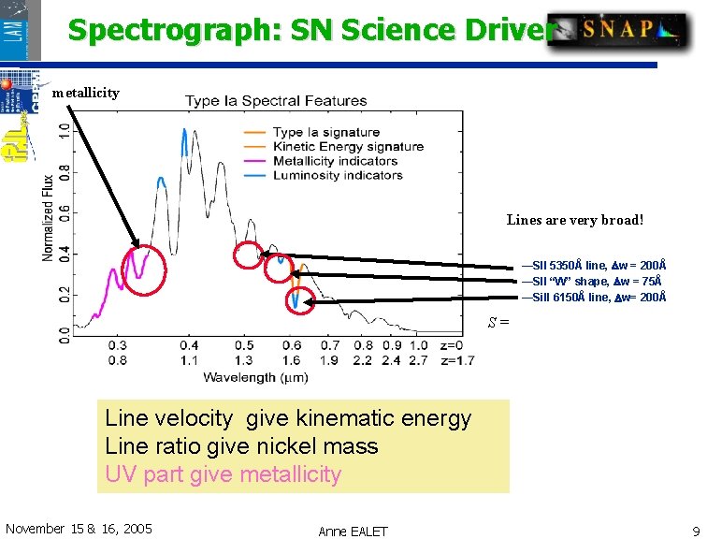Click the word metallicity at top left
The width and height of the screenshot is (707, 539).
click(85, 93)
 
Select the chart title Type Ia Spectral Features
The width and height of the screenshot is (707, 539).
click(276, 100)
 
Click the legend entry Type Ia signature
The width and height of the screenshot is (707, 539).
click(326, 133)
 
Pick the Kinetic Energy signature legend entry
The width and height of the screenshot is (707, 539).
click(348, 147)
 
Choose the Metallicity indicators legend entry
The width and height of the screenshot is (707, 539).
click(335, 161)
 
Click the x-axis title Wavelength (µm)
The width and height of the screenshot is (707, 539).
click(252, 377)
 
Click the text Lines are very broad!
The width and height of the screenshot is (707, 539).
click(575, 221)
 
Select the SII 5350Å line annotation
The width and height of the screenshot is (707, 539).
click(593, 266)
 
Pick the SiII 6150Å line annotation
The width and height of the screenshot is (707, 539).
click(594, 297)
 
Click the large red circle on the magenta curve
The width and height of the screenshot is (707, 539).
click(144, 269)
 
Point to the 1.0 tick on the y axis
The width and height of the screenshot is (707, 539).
click(64, 131)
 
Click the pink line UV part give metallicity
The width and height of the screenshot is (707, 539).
click(223, 474)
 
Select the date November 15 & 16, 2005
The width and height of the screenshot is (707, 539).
click(79, 529)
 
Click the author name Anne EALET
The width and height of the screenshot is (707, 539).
click(353, 532)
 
